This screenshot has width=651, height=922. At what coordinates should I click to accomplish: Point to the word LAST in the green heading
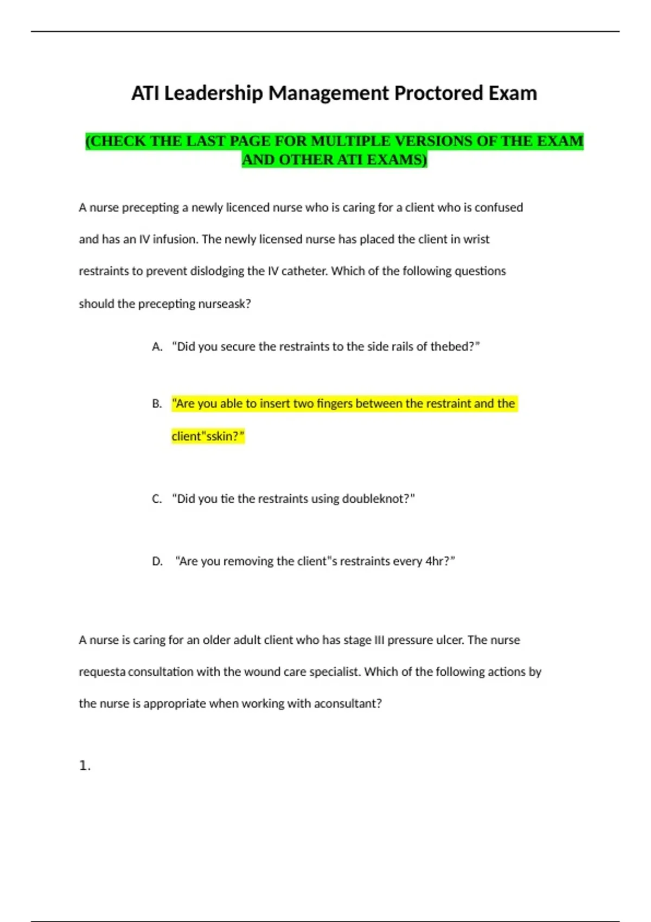click(x=206, y=141)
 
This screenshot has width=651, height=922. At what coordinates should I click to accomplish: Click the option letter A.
click(x=157, y=347)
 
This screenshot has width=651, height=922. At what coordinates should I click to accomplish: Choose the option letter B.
click(x=157, y=404)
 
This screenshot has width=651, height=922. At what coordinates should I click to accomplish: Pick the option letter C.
click(x=157, y=498)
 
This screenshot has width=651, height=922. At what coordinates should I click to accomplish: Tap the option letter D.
click(x=157, y=561)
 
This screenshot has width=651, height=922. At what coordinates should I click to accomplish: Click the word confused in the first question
click(x=499, y=207)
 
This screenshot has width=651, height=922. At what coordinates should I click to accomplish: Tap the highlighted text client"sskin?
click(x=208, y=436)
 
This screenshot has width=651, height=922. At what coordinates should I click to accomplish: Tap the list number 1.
click(x=84, y=766)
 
